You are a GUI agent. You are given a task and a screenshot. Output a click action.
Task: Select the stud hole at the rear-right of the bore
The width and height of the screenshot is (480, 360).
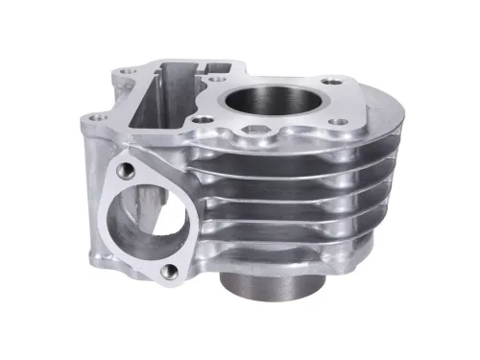330,83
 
